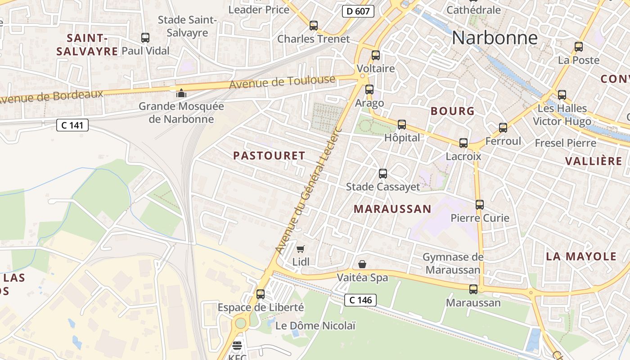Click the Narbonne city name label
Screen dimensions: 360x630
[x=495, y=38]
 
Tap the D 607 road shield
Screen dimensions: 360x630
[x=358, y=11]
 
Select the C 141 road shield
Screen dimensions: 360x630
[x=72, y=125]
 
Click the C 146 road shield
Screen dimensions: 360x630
[x=360, y=300]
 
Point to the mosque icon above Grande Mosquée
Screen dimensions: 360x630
[x=181, y=93]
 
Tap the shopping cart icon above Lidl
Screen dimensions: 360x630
[x=301, y=249]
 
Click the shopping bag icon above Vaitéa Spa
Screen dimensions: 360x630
[x=362, y=264]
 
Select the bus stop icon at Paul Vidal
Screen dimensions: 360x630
[x=145, y=38]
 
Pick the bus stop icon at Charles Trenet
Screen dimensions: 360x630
[x=314, y=26]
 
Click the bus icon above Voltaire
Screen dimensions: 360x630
[x=376, y=55]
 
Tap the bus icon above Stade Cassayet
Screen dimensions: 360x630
[x=383, y=173]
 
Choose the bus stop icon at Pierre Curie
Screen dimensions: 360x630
[x=480, y=205]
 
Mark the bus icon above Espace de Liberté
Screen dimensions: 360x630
[x=261, y=294]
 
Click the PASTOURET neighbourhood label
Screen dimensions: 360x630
[x=269, y=156]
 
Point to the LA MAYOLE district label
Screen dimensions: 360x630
[x=581, y=256]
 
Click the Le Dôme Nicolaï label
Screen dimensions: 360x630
[x=315, y=326]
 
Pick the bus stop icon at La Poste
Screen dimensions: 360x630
[x=579, y=46]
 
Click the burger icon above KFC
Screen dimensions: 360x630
[x=237, y=346]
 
